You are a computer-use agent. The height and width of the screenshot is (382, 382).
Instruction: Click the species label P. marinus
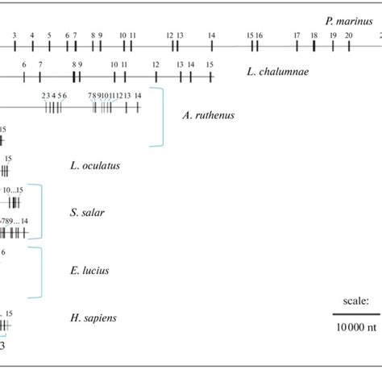coord(348,20)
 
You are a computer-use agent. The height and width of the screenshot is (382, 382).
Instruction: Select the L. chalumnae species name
coord(277,72)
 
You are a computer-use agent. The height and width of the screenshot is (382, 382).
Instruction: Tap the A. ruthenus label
coord(209,115)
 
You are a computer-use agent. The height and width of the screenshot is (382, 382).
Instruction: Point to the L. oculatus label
coord(95,166)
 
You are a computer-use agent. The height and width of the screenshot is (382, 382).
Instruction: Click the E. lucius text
coord(89,271)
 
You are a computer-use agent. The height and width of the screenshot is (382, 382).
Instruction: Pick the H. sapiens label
coord(93,318)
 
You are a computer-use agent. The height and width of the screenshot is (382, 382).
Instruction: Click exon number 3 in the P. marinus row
coord(15,35)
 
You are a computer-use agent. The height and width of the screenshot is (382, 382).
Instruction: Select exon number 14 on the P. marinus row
coord(211,35)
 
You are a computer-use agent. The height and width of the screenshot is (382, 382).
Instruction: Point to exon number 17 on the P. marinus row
coord(297,35)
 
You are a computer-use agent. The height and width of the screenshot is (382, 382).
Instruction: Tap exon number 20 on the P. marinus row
coord(348,35)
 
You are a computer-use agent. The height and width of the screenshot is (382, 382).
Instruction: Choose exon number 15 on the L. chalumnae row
coord(209,64)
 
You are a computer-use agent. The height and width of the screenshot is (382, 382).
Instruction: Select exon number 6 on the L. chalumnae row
coord(24,64)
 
